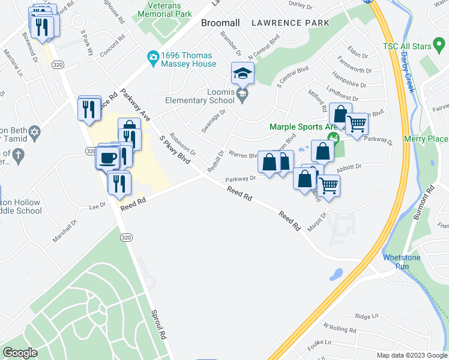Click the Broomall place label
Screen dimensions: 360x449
click(220, 23)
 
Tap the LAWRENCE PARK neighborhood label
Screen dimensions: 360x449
click(291, 23)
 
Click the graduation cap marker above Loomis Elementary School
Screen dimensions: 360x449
click(243, 74)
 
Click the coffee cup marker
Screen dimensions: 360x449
click(108, 157)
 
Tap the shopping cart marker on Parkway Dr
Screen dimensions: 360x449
click(357, 124)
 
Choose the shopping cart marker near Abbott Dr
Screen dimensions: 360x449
click(329, 185)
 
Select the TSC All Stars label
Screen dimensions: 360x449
click(408, 46)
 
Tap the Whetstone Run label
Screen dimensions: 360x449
click(402, 262)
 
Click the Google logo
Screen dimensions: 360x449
click(20, 353)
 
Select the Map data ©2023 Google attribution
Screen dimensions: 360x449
click(412, 355)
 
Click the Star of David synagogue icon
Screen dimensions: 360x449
click(35, 131)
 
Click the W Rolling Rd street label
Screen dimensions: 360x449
click(340, 329)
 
